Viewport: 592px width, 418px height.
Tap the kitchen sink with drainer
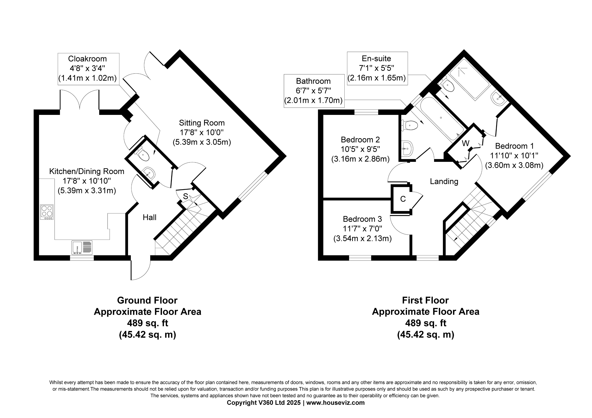pyautogui.click(x=82, y=248)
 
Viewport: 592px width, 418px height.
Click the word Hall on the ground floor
pyautogui.click(x=149, y=217)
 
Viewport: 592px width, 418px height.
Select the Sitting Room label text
pyautogui.click(x=202, y=123)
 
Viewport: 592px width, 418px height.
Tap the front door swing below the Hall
pyautogui.click(x=141, y=268)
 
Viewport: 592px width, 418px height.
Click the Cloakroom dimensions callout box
pyautogui.click(x=88, y=69)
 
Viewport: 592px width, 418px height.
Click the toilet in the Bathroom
pyautogui.click(x=410, y=126)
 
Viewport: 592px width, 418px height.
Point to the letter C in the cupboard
pyautogui.click(x=403, y=199)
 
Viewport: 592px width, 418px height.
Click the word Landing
pyautogui.click(x=444, y=181)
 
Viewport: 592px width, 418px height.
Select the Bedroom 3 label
pyautogui.click(x=362, y=219)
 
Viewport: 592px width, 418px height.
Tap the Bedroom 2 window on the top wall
pyautogui.click(x=366, y=112)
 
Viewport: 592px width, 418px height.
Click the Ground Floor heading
pyautogui.click(x=147, y=300)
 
